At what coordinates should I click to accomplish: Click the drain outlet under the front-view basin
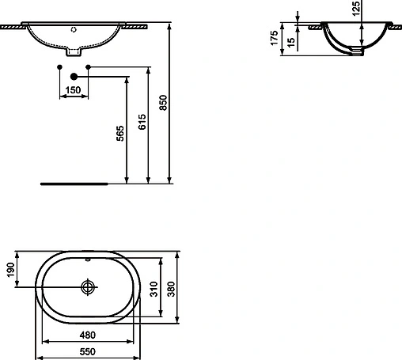74,54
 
